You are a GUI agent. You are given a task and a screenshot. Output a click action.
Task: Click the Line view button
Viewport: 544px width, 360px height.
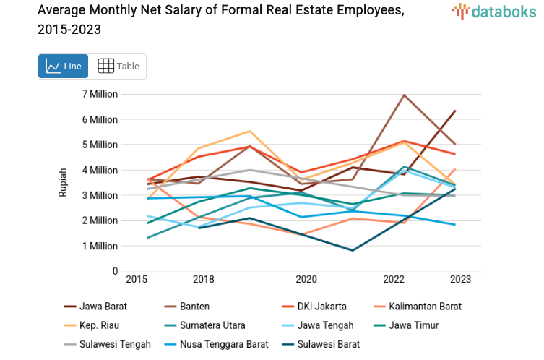(63, 67)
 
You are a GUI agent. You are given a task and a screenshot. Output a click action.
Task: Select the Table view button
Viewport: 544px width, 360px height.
(118, 67)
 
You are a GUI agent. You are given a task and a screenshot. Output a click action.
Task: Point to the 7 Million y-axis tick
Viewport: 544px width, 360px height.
(100, 94)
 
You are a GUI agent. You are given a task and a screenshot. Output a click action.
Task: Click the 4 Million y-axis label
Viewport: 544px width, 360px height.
(100, 170)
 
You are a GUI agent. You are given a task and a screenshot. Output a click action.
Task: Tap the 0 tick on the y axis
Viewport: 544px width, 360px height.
(114, 271)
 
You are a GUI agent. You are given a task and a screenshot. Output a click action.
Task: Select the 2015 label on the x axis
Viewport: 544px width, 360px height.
(137, 280)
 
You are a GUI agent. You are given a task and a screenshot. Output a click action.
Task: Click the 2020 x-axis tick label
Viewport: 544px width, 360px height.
(306, 280)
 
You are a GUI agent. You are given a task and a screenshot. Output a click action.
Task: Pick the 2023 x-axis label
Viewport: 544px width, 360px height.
(460, 280)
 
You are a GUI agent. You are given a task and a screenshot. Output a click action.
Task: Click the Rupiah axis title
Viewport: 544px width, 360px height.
(63, 183)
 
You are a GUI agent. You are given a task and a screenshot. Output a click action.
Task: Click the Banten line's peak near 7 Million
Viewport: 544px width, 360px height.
(404, 95)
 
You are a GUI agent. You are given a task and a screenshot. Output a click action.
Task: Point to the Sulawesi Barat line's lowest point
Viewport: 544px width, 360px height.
(352, 250)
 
